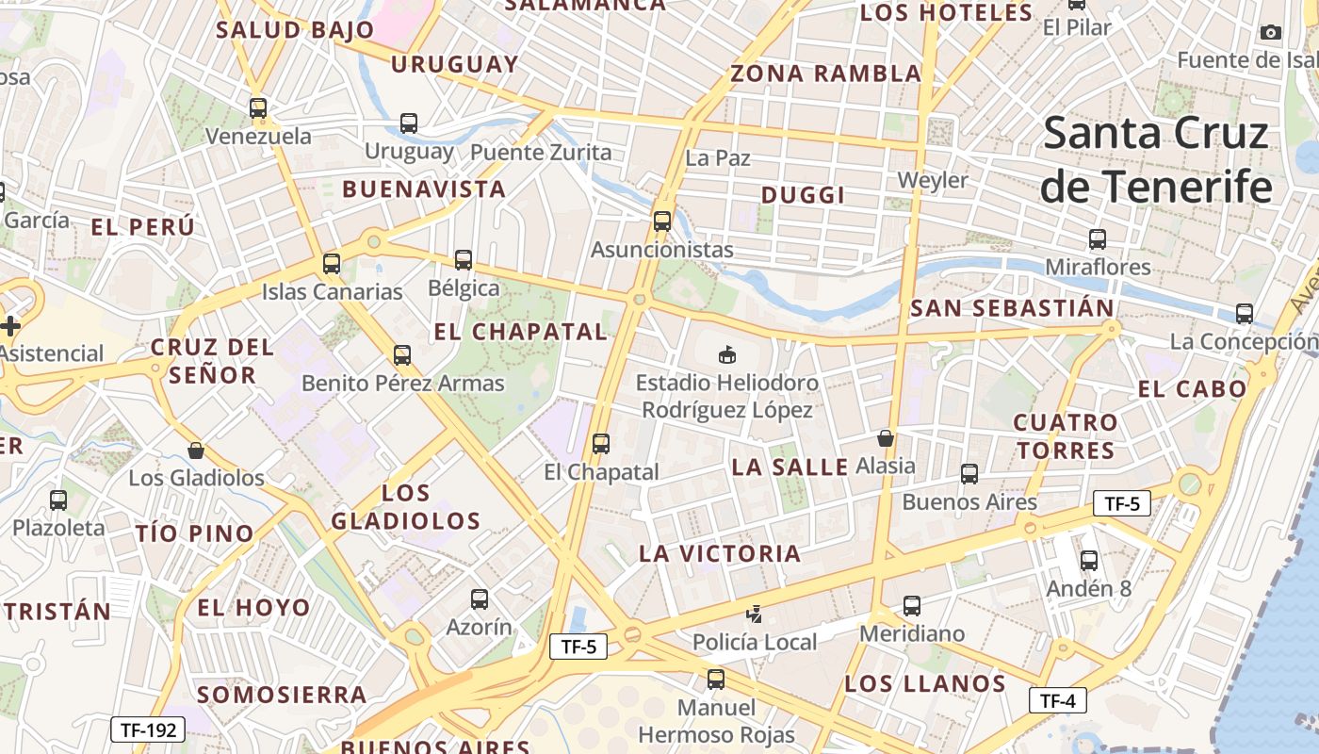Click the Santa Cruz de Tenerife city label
(1157, 160)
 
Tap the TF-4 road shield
(1058, 701)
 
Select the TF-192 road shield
(148, 729)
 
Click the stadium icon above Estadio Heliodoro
(726, 355)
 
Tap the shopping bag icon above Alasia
(885, 438)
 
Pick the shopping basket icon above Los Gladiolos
(196, 451)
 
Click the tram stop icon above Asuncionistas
(662, 221)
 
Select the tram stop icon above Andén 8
(1089, 561)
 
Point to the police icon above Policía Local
(754, 615)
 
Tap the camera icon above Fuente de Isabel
(1270, 33)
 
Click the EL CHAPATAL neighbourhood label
(520, 332)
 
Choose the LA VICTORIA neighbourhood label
(720, 553)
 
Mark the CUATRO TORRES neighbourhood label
(1066, 435)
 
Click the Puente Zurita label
(541, 152)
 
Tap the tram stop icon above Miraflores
(1097, 239)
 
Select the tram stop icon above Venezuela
(258, 108)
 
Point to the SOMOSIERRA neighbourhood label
(282, 695)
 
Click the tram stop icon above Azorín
(480, 599)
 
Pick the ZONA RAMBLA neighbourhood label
(826, 74)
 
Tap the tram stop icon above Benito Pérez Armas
(402, 355)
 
